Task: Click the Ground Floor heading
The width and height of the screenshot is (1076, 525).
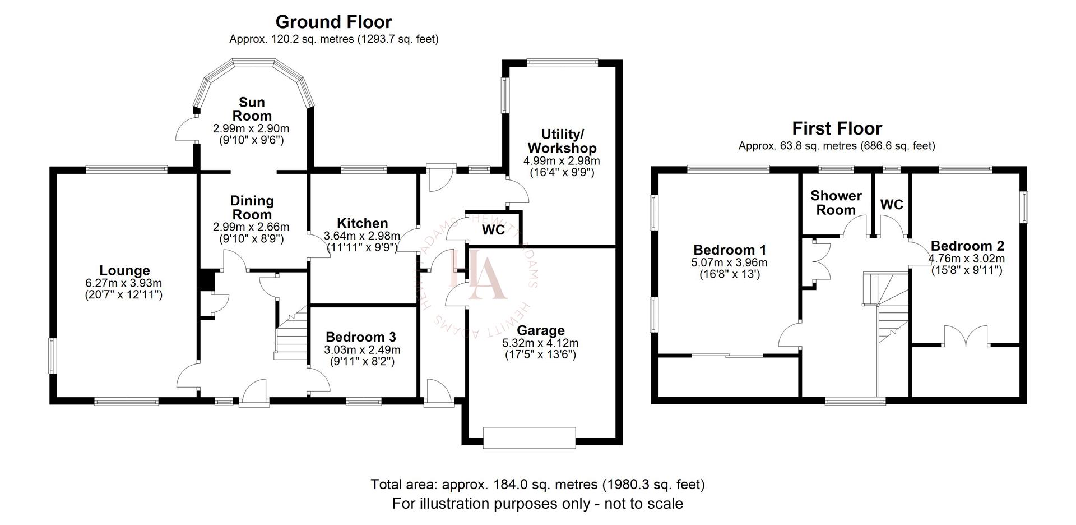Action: (x=333, y=22)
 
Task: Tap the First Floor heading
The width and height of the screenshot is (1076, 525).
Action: (x=837, y=128)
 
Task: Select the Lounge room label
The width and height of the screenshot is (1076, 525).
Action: (x=124, y=271)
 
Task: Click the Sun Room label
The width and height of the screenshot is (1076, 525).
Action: (x=252, y=109)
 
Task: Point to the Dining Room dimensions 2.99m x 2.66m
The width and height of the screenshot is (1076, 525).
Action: (x=251, y=227)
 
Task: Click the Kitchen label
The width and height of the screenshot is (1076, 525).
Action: (x=362, y=223)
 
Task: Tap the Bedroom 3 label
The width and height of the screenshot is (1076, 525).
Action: (x=361, y=337)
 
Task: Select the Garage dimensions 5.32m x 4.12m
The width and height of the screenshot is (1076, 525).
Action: (x=540, y=343)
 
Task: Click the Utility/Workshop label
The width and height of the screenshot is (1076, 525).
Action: (x=562, y=141)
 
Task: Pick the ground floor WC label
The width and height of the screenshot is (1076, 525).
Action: (x=493, y=230)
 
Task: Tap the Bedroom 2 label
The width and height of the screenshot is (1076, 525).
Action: (x=967, y=246)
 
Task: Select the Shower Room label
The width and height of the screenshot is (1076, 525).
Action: (x=836, y=202)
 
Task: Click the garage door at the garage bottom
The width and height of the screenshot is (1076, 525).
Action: (x=529, y=437)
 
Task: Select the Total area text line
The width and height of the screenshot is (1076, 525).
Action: (x=537, y=484)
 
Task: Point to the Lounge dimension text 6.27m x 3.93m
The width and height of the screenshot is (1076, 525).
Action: (x=124, y=283)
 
